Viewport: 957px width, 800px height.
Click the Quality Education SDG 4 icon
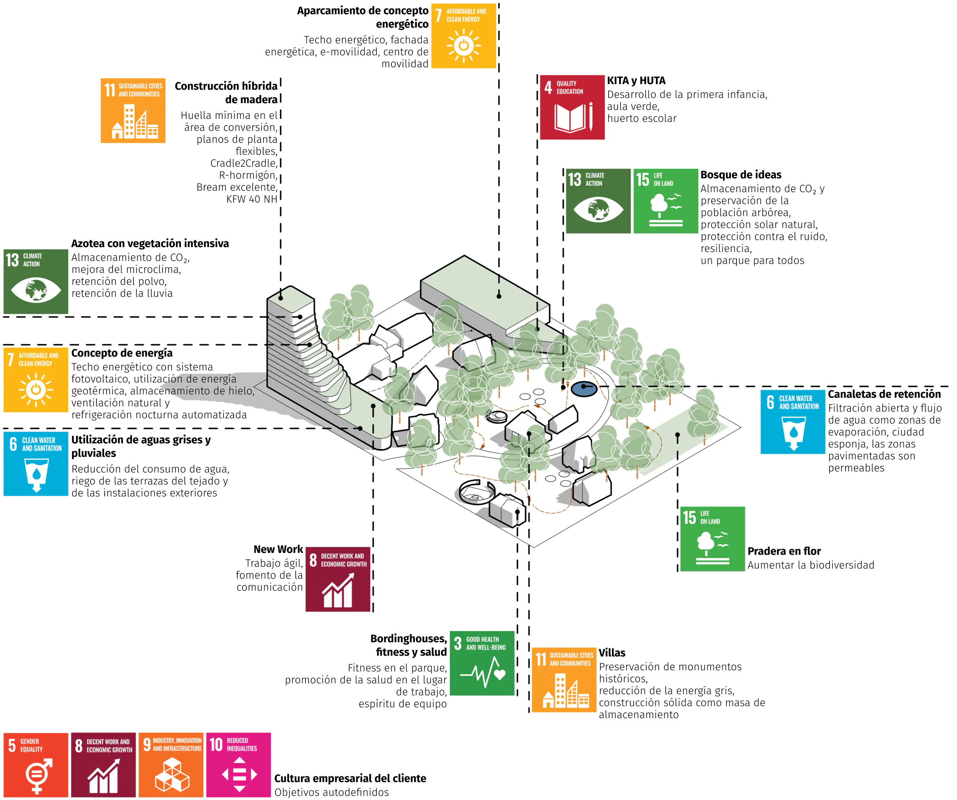pos(572,107)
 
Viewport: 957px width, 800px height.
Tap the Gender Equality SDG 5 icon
pos(36,764)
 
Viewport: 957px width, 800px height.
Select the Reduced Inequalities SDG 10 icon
pos(239,764)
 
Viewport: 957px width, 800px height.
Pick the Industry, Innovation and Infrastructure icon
pos(171,764)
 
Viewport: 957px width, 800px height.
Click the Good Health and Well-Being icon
pos(482,663)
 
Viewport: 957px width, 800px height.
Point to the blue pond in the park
pos(584,389)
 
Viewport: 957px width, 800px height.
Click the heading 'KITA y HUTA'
pos(636,81)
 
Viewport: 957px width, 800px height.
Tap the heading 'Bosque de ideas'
pos(741,175)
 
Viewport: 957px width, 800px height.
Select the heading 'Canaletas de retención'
pos(884,394)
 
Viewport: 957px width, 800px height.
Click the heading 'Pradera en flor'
pos(784,551)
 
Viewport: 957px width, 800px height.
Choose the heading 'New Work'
pos(278,549)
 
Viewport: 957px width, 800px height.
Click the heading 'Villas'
pos(612,652)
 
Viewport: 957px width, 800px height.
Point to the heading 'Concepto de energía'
pos(121,353)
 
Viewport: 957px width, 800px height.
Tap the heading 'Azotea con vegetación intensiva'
pos(150,243)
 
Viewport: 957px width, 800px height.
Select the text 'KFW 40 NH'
pos(252,199)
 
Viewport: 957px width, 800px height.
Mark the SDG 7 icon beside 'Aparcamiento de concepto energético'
pos(463,36)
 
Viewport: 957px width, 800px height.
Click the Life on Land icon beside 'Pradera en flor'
pos(712,538)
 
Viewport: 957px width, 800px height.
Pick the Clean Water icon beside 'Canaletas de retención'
pos(792,422)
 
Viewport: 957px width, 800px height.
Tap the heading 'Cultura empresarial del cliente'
pos(350,778)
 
